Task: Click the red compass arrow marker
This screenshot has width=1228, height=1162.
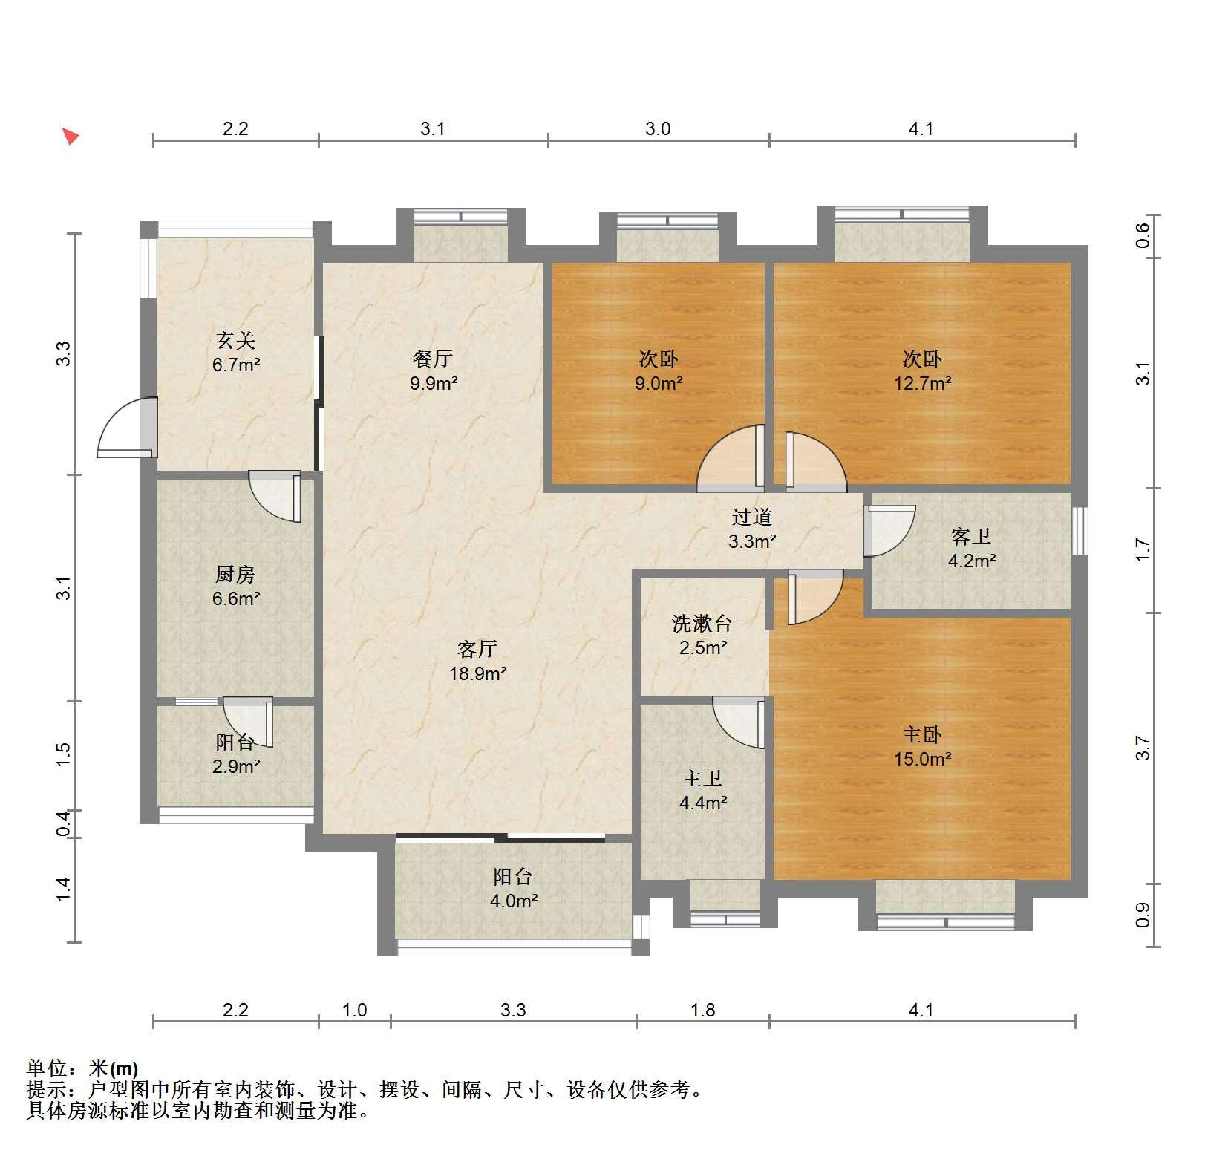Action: tap(70, 136)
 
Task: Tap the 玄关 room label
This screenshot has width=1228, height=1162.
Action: tap(236, 341)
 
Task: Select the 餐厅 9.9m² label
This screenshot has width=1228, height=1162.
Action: tap(434, 371)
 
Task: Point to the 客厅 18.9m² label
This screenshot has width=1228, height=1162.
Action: tap(477, 662)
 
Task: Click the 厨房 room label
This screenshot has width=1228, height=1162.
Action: tap(235, 575)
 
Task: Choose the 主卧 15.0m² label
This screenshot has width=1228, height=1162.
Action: tap(922, 747)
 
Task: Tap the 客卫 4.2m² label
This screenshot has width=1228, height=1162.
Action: tap(971, 549)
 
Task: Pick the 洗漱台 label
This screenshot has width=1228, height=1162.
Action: tap(702, 624)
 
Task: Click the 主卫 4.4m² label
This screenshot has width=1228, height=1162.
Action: tap(702, 790)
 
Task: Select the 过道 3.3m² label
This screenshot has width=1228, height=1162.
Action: tap(752, 529)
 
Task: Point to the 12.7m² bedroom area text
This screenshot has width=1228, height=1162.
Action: tap(922, 384)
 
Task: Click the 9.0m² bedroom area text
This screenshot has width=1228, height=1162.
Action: tap(658, 384)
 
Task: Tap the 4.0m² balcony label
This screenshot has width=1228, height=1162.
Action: tap(513, 901)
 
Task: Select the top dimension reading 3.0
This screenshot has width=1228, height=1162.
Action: tap(658, 129)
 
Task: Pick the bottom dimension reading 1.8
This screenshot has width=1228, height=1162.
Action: tap(702, 1011)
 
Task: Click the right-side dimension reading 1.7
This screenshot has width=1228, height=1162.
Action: tap(1143, 550)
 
